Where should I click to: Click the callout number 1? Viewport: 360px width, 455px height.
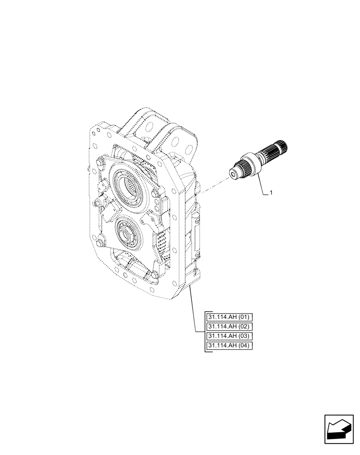tap(271, 193)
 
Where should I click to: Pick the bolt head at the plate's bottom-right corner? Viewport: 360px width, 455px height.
tap(155, 273)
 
